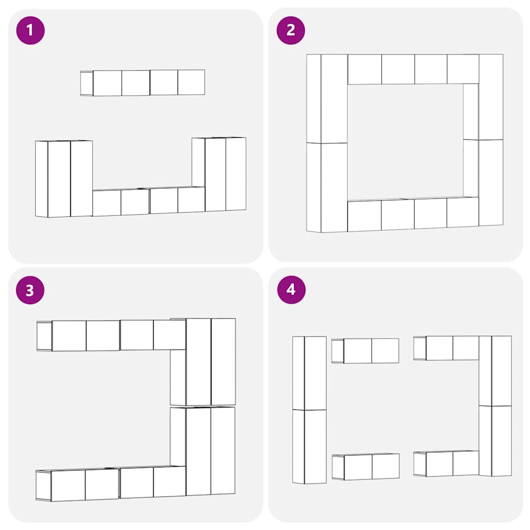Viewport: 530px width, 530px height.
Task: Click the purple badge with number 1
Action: (x=31, y=31)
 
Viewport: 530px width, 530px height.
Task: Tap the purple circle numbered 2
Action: (x=291, y=31)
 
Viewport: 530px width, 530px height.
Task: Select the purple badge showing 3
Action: (x=30, y=290)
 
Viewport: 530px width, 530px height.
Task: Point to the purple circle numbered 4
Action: (x=291, y=290)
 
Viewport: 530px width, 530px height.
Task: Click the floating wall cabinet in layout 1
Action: (x=143, y=83)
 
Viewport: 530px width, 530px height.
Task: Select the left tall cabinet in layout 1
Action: (x=64, y=179)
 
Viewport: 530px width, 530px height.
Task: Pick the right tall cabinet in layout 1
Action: (x=219, y=174)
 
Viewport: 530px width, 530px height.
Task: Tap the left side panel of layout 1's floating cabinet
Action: (x=86, y=83)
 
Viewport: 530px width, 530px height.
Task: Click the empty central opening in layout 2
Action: (x=405, y=141)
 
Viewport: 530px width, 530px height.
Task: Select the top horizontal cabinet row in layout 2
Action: (x=413, y=69)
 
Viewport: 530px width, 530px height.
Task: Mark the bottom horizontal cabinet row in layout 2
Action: (x=413, y=214)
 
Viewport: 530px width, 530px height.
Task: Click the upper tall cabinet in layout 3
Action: (x=203, y=362)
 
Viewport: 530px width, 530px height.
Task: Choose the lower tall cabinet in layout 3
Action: (x=202, y=451)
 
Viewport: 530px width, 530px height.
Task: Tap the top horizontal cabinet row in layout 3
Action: (x=111, y=335)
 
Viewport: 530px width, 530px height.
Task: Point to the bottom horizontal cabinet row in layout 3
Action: (x=111, y=483)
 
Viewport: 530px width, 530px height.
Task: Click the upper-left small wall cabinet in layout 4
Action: (x=365, y=351)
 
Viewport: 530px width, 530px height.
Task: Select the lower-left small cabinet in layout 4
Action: (x=366, y=466)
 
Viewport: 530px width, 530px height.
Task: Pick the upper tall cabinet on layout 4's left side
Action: (x=310, y=373)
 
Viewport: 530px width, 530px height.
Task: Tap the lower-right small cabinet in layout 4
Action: (x=446, y=463)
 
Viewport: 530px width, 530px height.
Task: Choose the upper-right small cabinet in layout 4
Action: (x=446, y=348)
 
